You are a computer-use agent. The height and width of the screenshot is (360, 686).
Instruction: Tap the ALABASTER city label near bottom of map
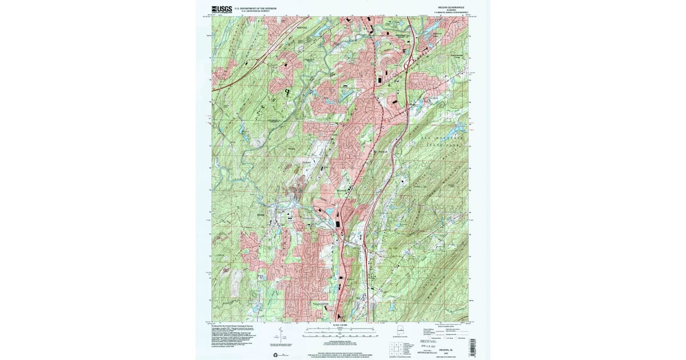[x=321, y=305]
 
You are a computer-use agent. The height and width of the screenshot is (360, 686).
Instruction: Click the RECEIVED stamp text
[x=432, y=341]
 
